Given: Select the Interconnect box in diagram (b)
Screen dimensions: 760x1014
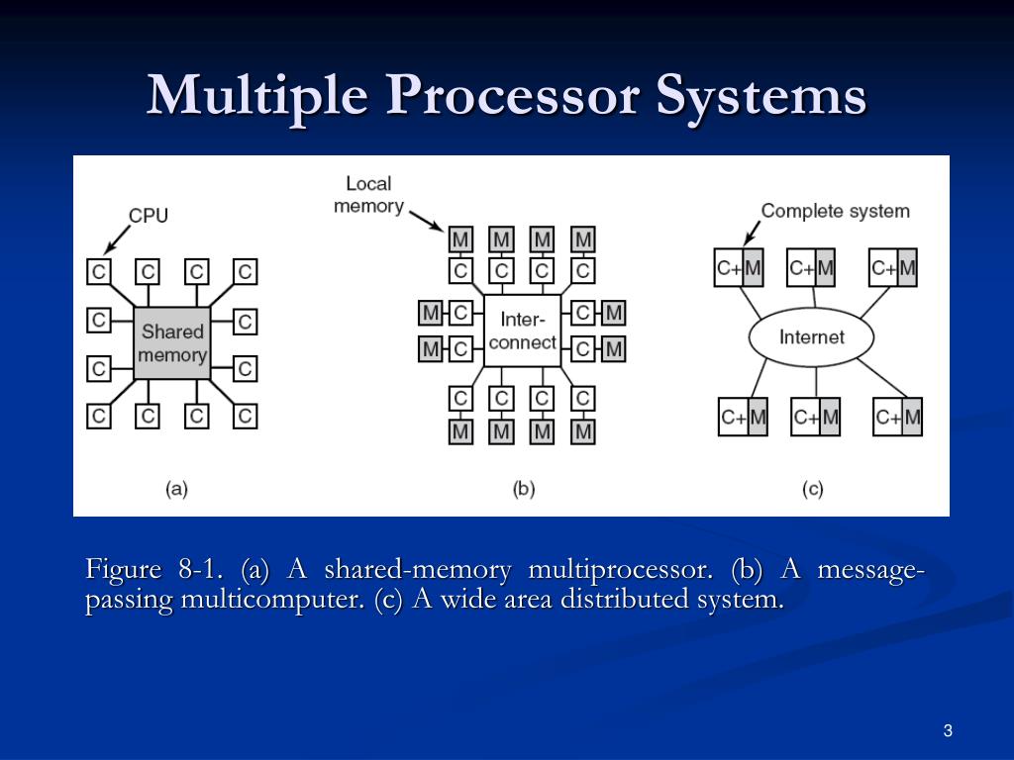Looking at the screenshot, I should [522, 331].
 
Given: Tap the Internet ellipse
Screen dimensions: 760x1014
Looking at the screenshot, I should [811, 337].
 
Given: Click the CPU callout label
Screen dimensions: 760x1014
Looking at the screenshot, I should [149, 216].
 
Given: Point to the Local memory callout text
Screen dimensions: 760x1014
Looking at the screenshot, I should [368, 195].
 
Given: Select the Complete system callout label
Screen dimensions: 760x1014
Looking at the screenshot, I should [835, 211].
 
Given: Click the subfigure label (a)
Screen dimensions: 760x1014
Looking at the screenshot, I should [176, 488].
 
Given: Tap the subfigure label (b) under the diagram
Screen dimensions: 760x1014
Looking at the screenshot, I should [523, 488].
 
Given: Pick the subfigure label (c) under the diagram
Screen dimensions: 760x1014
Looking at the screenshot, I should [812, 488].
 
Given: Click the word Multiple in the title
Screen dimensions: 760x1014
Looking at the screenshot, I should [261, 97].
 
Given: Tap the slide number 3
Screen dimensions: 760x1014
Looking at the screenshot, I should [948, 731].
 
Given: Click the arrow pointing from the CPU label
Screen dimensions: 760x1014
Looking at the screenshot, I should [117, 237].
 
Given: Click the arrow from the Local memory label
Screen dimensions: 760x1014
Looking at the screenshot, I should [426, 219].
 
